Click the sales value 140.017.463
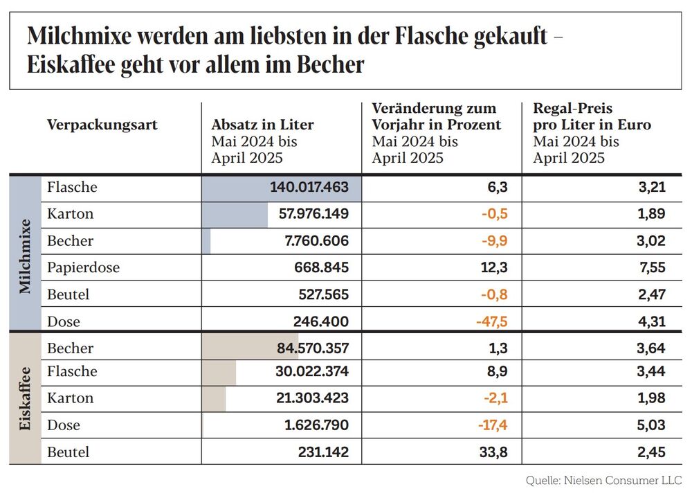pyautogui.click(x=309, y=187)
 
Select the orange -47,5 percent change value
pyautogui.click(x=491, y=321)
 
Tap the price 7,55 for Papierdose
pyautogui.click(x=650, y=267)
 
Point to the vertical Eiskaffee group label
pyautogui.click(x=25, y=399)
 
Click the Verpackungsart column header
pyautogui.click(x=102, y=125)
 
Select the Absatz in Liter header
pyautogui.click(x=262, y=125)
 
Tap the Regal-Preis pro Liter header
pyautogui.click(x=592, y=117)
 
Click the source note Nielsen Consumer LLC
pyautogui.click(x=603, y=480)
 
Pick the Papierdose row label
pyautogui.click(x=83, y=267)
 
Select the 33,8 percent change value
pyautogui.click(x=494, y=452)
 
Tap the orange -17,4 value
pyautogui.click(x=493, y=425)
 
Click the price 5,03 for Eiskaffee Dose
pyautogui.click(x=650, y=425)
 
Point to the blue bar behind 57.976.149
pyautogui.click(x=235, y=214)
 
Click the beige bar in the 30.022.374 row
pyautogui.click(x=219, y=372)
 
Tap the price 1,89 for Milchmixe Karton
pyautogui.click(x=650, y=214)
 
